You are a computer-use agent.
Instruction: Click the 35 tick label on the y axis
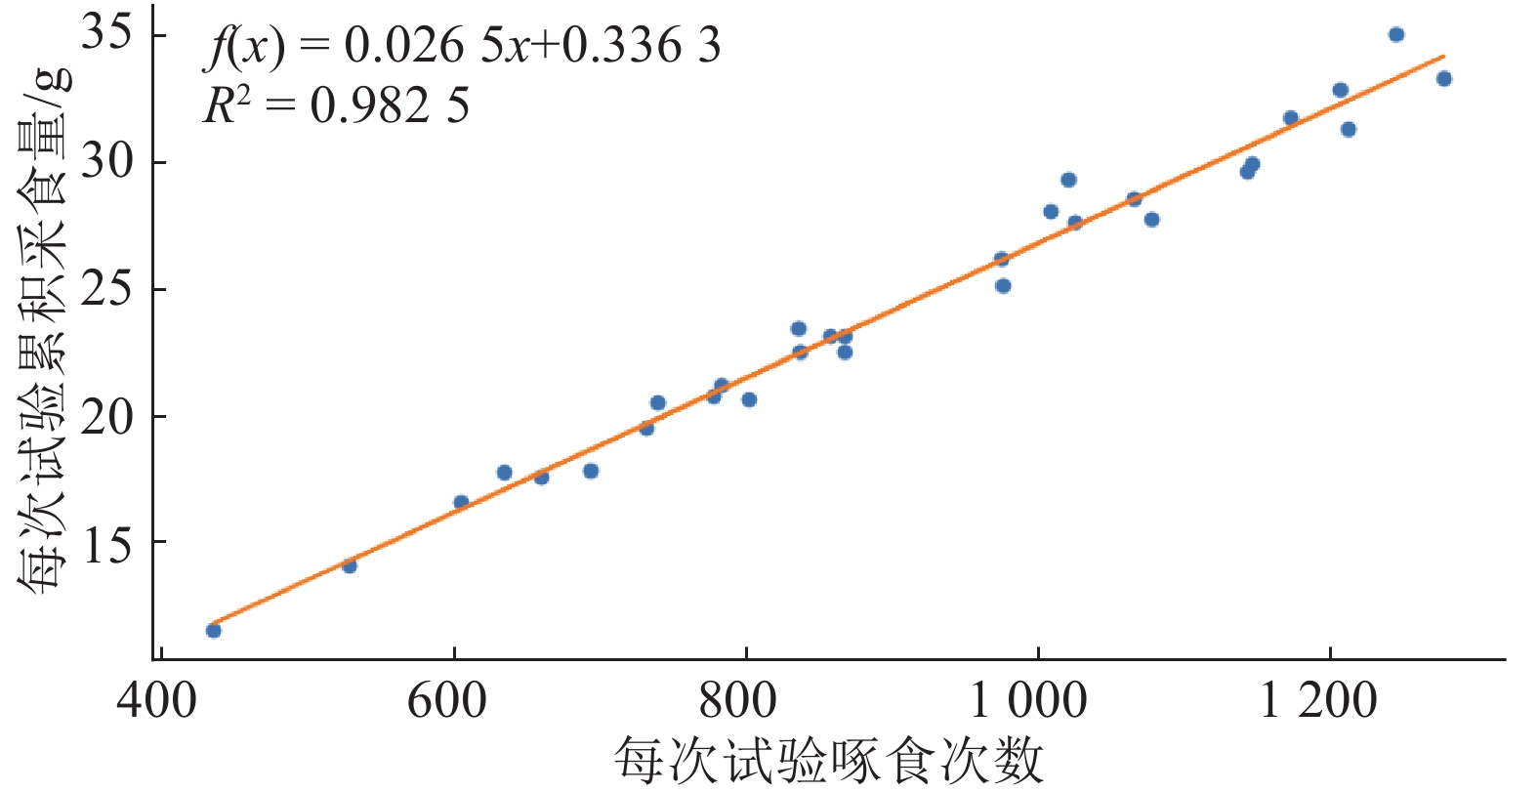[107, 35]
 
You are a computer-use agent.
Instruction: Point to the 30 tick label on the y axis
[107, 162]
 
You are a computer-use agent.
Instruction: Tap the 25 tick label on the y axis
[107, 289]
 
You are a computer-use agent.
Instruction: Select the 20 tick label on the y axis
[107, 417]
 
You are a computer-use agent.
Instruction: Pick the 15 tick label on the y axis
[107, 543]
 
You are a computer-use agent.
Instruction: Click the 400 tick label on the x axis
[156, 701]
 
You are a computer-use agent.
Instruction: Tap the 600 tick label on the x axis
[447, 701]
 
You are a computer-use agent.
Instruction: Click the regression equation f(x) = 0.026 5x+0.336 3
[462, 47]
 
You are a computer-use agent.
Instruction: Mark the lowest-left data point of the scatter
[214, 631]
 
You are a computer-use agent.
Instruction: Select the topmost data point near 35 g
[1396, 35]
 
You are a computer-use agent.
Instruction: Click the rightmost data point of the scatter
[1444, 79]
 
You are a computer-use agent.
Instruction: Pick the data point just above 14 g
[350, 565]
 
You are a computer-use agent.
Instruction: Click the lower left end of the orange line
[212, 623]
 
